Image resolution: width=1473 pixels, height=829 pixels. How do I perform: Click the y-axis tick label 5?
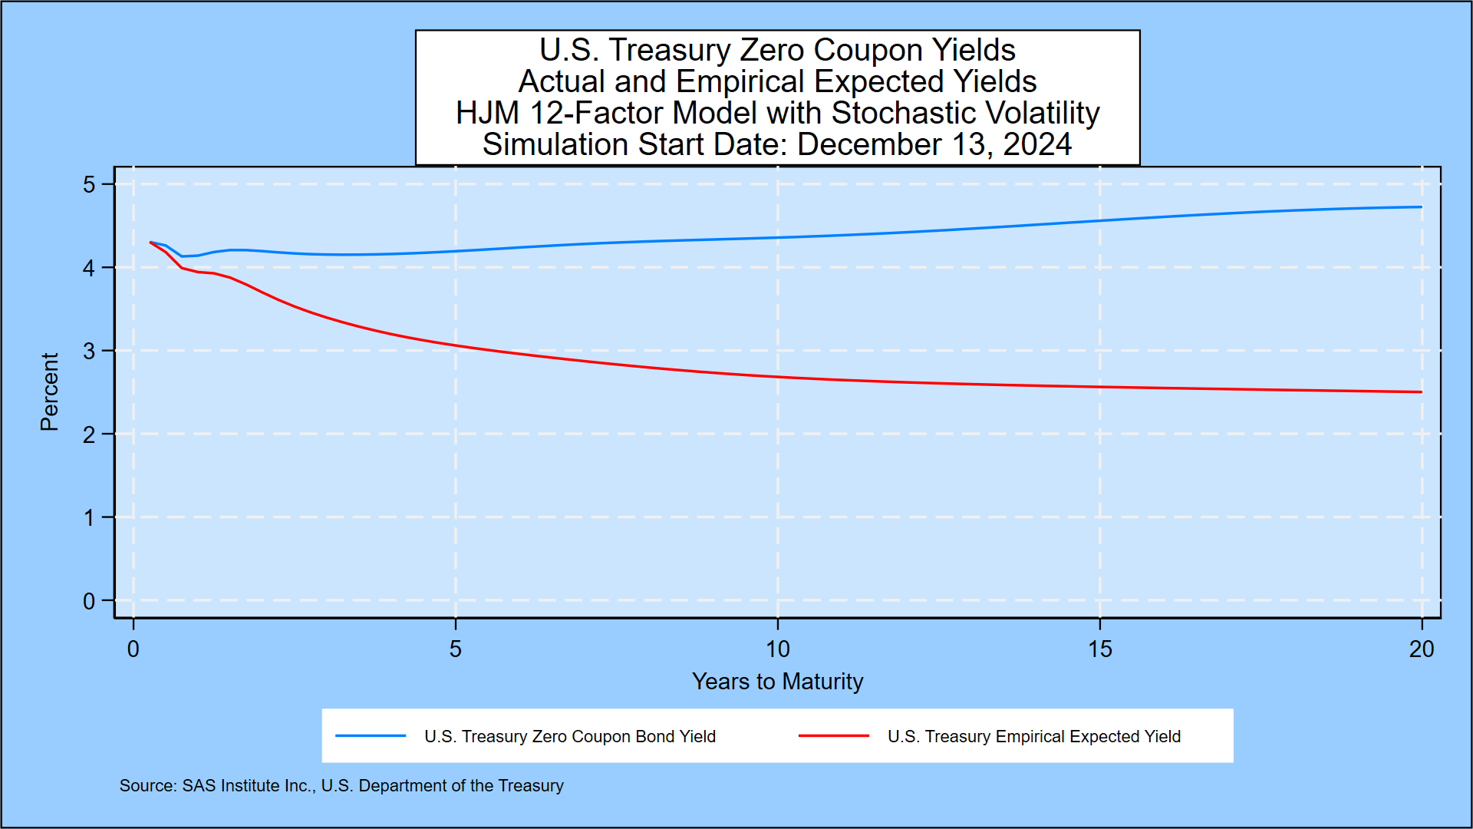coord(89,184)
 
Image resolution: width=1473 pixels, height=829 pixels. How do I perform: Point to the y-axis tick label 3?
coord(89,351)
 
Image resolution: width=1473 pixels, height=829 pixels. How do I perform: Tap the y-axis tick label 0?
coord(89,601)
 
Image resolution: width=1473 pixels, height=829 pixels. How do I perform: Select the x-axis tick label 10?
coord(777,649)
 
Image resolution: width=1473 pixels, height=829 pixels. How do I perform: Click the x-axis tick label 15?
coord(1099,649)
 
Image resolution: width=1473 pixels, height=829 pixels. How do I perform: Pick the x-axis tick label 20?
coord(1421,649)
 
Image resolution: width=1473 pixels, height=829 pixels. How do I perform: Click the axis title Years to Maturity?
coord(777,682)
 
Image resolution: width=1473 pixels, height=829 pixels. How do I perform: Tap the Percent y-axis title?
coord(49,391)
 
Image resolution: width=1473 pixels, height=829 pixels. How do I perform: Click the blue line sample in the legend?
coord(371,736)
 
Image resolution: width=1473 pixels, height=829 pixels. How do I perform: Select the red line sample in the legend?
coord(833,736)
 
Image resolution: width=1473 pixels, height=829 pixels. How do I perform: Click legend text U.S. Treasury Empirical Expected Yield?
coord(1033,737)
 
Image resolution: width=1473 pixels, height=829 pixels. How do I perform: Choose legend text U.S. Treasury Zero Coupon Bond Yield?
coord(569,737)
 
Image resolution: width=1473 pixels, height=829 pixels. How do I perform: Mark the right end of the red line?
coord(1421,392)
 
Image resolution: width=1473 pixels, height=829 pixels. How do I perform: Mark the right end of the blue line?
coord(1421,206)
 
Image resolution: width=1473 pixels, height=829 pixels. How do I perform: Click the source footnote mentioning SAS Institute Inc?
coord(341,786)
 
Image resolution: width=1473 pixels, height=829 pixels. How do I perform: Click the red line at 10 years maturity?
coord(777,377)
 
